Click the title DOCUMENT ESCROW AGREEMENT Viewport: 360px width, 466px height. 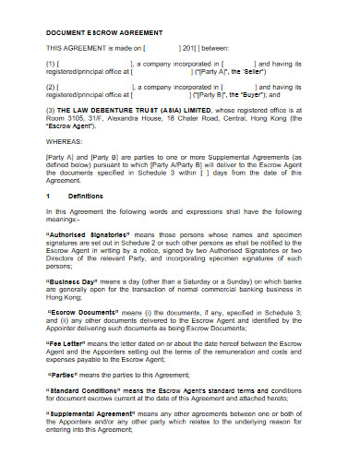pos(91,30)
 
